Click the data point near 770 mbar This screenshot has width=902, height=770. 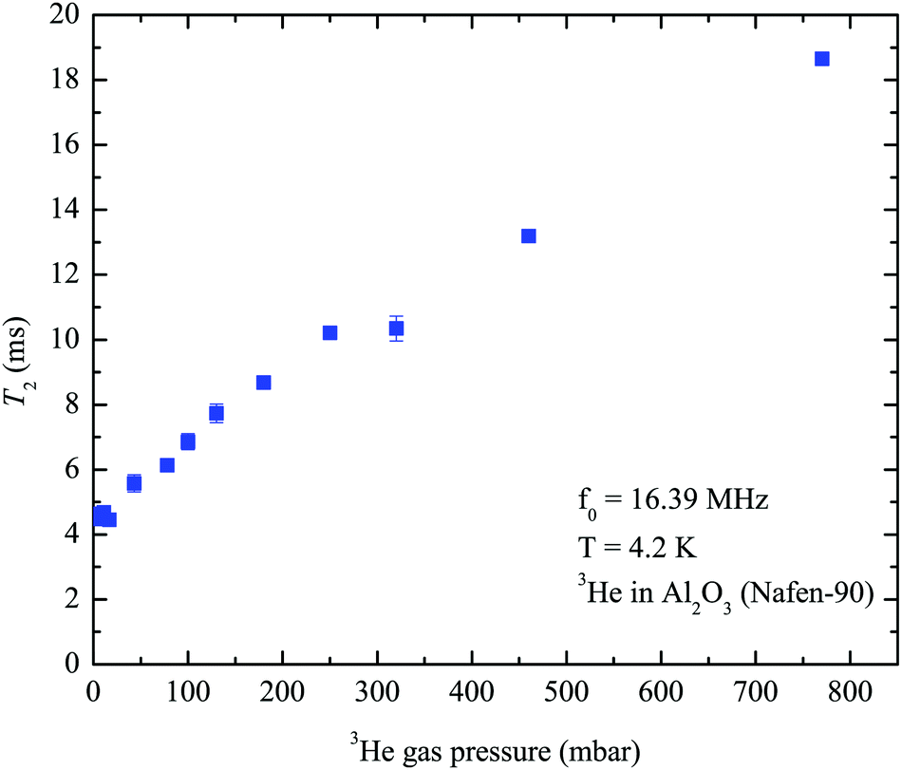click(x=822, y=59)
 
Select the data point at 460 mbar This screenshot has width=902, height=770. click(x=529, y=235)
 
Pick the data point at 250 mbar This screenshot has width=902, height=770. click(x=330, y=332)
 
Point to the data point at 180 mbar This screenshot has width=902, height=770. click(x=264, y=383)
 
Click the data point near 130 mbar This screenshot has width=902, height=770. click(x=216, y=413)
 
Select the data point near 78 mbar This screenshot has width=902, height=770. click(x=167, y=465)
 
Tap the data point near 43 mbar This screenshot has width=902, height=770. click(x=134, y=483)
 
